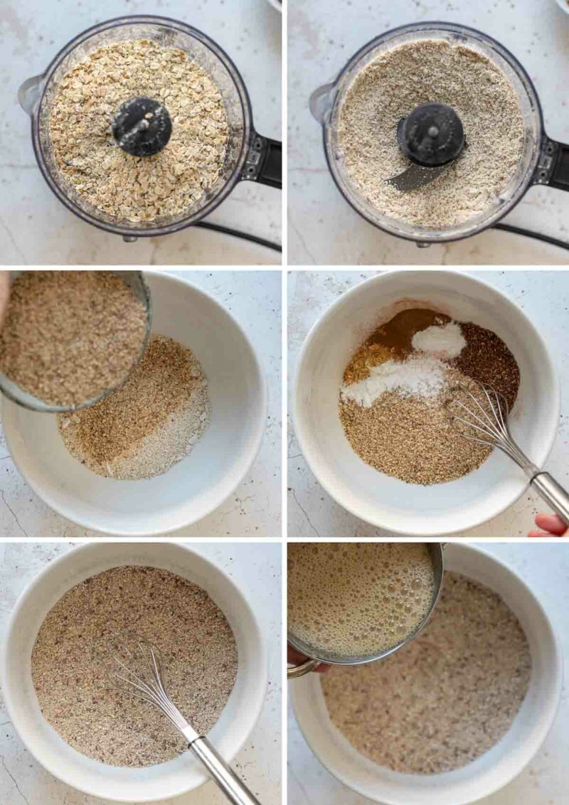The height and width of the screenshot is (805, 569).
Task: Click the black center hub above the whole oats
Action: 142,126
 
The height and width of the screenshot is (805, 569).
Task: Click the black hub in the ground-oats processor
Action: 430,134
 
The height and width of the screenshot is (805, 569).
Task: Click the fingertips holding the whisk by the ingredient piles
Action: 551,525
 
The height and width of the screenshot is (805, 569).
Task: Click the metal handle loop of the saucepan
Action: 302,668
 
